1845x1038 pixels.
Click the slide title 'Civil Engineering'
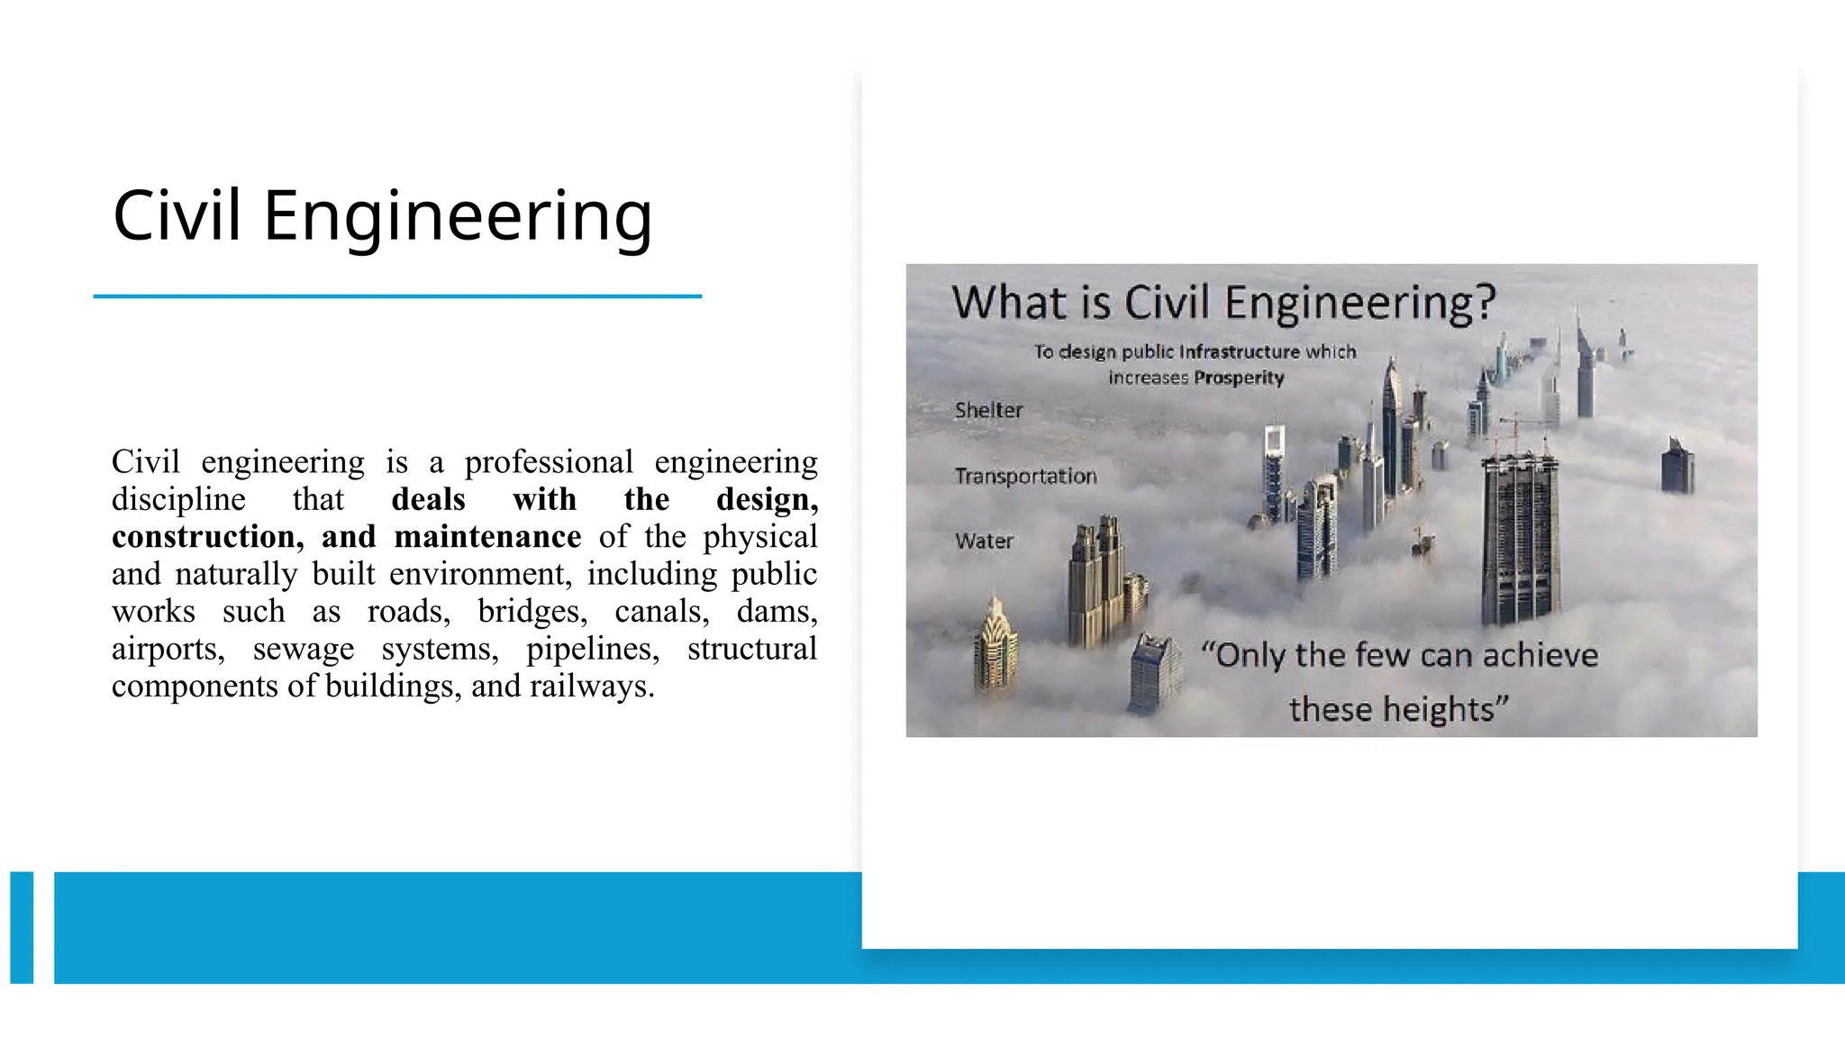382,216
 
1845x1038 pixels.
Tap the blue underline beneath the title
396,296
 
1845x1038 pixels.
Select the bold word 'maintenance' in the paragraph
487,537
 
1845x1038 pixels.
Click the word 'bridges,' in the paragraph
532,612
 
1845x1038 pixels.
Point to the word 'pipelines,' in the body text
592,649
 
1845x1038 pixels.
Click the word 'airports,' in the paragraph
168,649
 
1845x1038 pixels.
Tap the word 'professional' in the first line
549,462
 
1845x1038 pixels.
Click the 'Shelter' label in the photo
988,411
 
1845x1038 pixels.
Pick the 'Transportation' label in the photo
1025,476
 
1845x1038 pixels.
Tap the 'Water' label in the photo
984,542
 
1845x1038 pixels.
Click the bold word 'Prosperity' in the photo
1239,378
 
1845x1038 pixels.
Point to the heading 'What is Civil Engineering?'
1223,302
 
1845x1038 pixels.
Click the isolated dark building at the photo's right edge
1677,466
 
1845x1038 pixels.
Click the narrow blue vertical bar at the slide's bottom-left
22,927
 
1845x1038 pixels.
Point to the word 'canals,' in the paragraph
661,612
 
